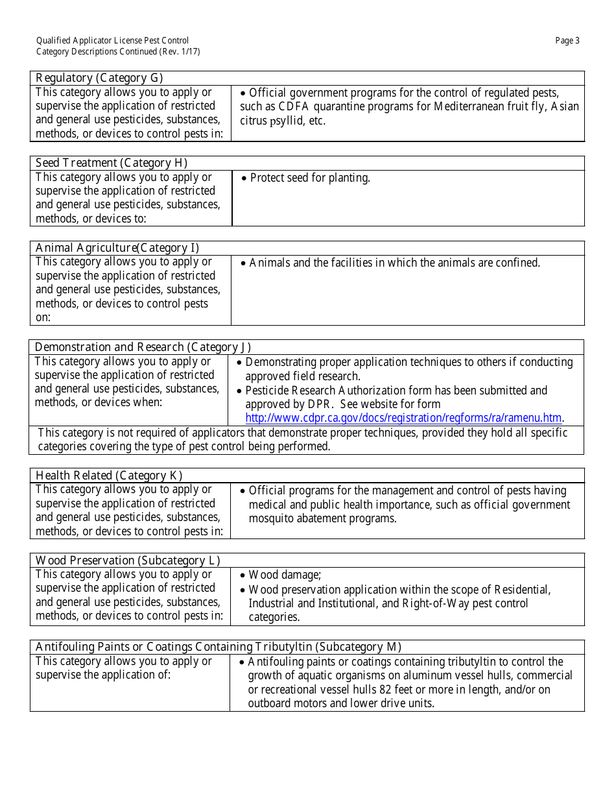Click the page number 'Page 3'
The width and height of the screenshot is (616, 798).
(x=567, y=41)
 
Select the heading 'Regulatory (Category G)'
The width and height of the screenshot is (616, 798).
(x=99, y=78)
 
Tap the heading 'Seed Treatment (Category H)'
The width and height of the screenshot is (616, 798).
(x=111, y=163)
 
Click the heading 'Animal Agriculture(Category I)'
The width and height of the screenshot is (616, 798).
(x=117, y=248)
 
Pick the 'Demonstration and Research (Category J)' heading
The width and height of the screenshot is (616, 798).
(x=143, y=347)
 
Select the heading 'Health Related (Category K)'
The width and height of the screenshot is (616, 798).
(x=109, y=476)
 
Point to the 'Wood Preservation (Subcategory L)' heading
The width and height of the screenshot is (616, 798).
(x=128, y=561)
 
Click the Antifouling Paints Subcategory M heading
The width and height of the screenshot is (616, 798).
(x=219, y=647)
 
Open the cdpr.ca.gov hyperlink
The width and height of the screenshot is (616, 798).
(x=403, y=418)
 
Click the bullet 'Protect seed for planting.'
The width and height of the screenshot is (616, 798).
(x=309, y=178)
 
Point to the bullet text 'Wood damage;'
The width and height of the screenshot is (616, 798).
(x=285, y=575)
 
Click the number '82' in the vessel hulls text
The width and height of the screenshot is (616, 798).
(x=386, y=689)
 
